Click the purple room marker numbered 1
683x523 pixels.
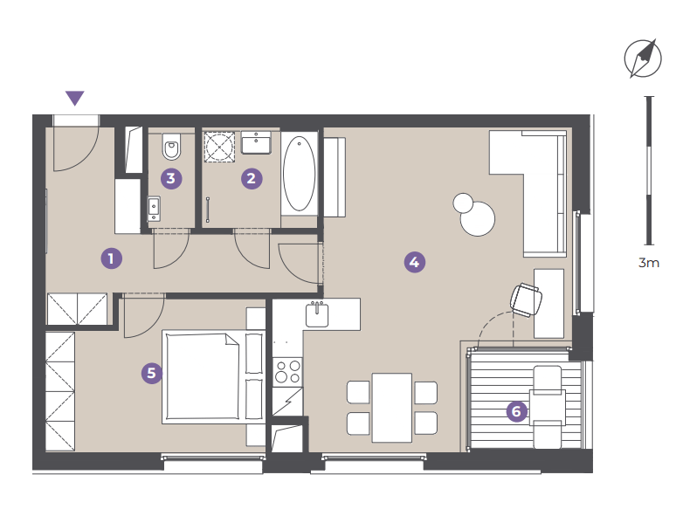pos(111,258)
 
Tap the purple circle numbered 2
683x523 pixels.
pos(252,178)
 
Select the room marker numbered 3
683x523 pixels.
pos(171,178)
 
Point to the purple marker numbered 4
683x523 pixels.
pos(414,262)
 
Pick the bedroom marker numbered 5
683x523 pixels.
pos(152,373)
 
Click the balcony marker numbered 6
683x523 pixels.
pos(516,411)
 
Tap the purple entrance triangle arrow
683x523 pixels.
pos(74,98)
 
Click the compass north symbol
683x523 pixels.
pos(643,58)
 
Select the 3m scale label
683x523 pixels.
pos(649,263)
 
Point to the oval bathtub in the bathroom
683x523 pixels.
pos(300,174)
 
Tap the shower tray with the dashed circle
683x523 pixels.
pos(219,147)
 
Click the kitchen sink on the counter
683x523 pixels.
pos(317,314)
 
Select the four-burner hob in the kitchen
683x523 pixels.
pos(287,371)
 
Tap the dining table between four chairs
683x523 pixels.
pos(392,408)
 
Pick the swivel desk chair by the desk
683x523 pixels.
pos(526,299)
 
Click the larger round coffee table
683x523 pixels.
pos(478,218)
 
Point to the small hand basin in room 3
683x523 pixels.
pos(154,209)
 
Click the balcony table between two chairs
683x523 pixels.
pos(548,408)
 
